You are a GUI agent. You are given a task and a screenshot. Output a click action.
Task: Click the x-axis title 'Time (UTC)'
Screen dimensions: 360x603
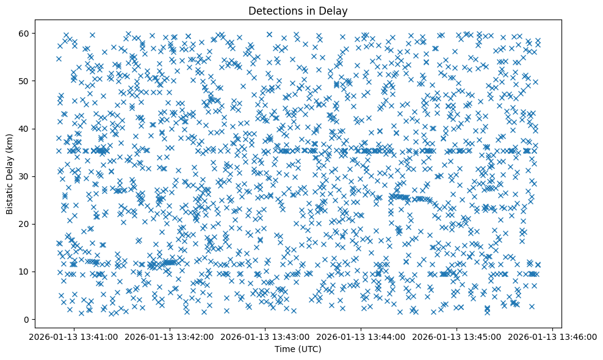[x=298, y=349]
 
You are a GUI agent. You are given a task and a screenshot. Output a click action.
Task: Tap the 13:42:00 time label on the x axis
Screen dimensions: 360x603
[x=170, y=337]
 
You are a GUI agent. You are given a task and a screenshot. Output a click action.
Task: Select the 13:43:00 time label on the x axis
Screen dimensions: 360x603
[x=265, y=337]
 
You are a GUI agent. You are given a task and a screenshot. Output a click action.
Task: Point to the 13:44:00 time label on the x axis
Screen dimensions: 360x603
[x=361, y=337]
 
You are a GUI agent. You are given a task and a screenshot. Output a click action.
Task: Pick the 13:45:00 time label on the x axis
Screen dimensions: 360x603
[x=457, y=337]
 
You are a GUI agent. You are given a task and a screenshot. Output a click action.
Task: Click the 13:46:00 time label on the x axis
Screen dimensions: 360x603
[x=553, y=337]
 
